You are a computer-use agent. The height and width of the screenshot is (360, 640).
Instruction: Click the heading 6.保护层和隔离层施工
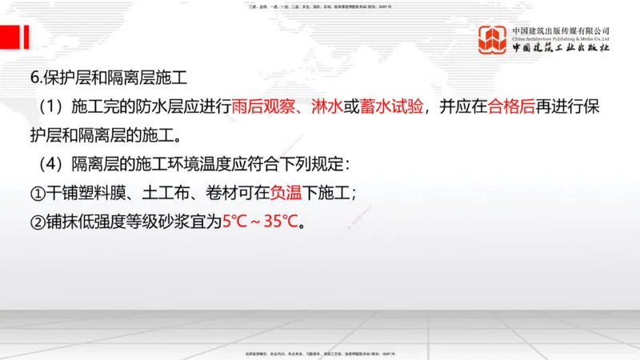(x=108, y=78)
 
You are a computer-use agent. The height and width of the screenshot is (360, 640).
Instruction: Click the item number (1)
(x=50, y=107)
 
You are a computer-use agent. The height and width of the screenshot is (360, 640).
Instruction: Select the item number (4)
(x=50, y=164)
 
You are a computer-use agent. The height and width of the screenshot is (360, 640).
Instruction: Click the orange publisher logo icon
(x=493, y=40)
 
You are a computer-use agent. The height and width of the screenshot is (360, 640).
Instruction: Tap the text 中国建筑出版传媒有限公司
(x=561, y=30)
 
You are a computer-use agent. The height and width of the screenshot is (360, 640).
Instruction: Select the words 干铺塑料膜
(x=80, y=192)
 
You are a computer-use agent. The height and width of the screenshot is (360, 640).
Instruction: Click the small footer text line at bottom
(x=320, y=353)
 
